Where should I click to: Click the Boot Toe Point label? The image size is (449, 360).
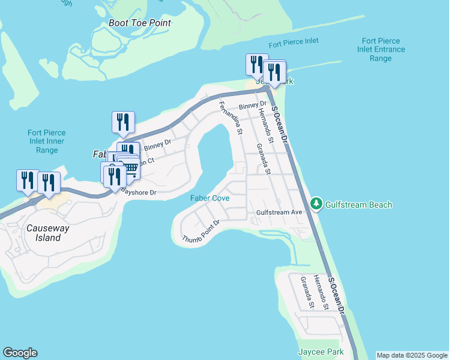[x=140, y=23]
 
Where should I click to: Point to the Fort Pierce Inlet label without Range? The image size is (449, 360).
[x=294, y=43]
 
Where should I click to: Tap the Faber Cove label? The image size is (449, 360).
[x=210, y=198]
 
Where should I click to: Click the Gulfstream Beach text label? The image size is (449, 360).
[x=358, y=205]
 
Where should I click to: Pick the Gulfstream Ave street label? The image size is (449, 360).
[x=279, y=212]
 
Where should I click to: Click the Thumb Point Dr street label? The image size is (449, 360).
[x=202, y=232]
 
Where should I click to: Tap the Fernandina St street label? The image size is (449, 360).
[x=231, y=118]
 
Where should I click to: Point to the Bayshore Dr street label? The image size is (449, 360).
[x=139, y=193]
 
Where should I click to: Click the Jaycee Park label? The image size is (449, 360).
[x=321, y=351]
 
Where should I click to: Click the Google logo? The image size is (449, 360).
[x=20, y=353]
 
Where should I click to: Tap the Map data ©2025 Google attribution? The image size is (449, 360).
[x=412, y=355]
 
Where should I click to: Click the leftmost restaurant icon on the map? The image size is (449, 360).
[x=28, y=181]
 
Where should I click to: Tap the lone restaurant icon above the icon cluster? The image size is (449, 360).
[x=123, y=122]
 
